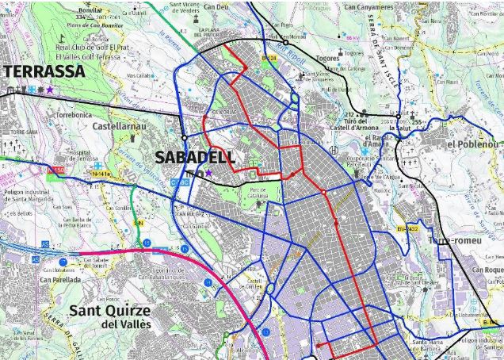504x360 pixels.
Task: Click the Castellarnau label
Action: pos(120,126)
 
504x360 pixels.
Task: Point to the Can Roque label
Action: pos(488,270)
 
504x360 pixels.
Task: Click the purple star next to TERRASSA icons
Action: pos(51,90)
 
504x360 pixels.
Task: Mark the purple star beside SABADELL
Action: pos(209,173)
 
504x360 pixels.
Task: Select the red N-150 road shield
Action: pos(55,170)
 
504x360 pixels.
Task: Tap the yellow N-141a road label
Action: pos(101,173)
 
